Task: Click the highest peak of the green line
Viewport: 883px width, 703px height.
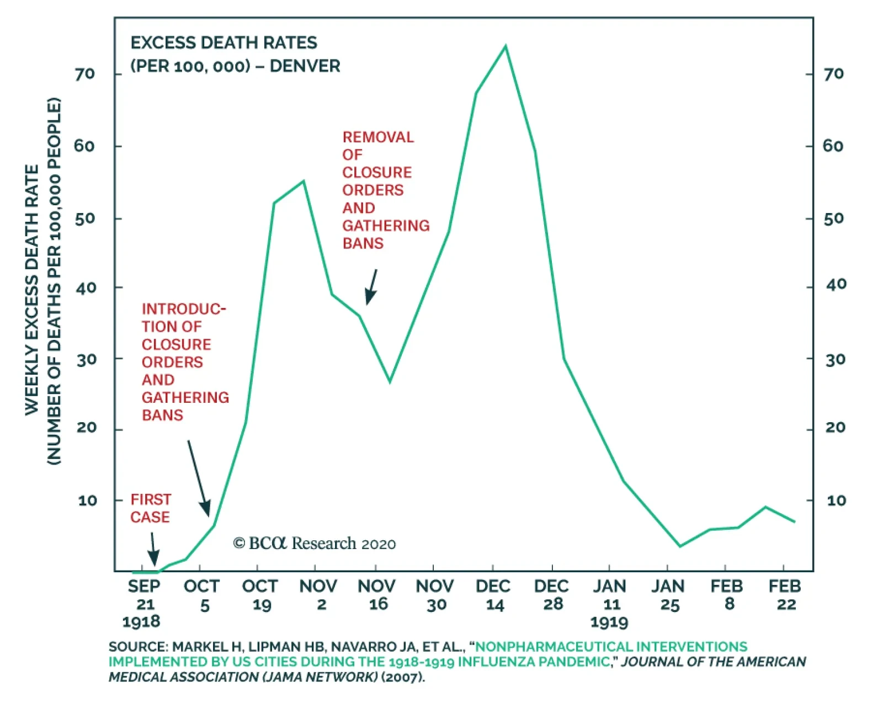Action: (505, 46)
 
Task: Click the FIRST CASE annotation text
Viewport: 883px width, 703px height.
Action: (150, 508)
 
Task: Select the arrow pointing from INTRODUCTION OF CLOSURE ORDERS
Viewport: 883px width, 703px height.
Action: (199, 478)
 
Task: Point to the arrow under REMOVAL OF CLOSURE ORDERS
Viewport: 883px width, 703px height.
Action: (371, 286)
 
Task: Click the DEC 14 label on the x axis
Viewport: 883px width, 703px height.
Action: (493, 595)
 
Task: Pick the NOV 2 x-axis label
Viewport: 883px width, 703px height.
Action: (318, 595)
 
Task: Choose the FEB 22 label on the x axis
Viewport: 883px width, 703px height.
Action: (785, 595)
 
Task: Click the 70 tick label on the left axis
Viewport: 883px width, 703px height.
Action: (85, 74)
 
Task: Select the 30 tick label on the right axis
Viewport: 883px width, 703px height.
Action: (835, 360)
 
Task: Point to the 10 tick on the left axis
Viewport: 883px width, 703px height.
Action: (87, 500)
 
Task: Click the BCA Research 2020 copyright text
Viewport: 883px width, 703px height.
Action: (315, 544)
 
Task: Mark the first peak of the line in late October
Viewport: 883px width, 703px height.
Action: (304, 181)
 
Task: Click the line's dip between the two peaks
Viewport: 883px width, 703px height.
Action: (390, 381)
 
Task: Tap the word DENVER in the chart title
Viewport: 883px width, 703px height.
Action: (305, 66)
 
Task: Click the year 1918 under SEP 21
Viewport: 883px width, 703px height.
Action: (141, 622)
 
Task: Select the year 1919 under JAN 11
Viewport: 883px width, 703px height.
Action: (609, 622)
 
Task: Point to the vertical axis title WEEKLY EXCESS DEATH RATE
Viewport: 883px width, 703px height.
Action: (32, 290)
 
